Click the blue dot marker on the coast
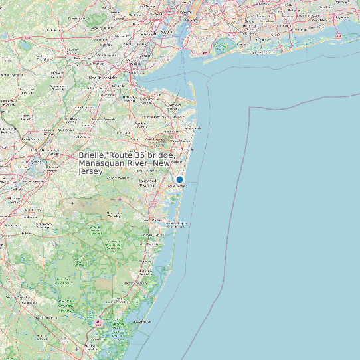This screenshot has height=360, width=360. [179, 179]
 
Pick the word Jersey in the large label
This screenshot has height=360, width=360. [91, 171]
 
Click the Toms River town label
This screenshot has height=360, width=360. [152, 219]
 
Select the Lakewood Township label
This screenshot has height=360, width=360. [148, 181]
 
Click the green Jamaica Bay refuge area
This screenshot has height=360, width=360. [220, 46]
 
